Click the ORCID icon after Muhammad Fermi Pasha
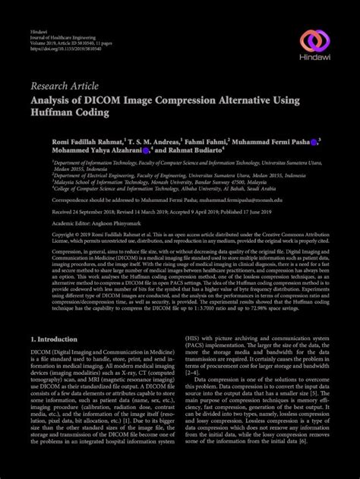pyautogui.click(x=314, y=141)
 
